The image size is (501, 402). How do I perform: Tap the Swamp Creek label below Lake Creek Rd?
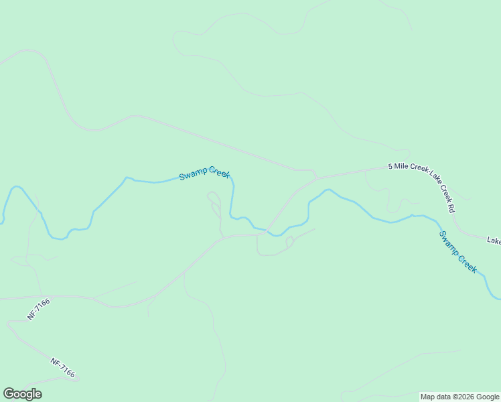point(458,252)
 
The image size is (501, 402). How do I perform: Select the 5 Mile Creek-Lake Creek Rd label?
point(422,186)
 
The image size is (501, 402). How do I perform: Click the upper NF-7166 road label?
point(39,310)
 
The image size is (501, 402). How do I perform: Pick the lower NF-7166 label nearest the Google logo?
point(62,366)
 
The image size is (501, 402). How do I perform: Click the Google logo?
point(23,394)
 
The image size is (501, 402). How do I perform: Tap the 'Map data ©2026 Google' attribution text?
point(459,397)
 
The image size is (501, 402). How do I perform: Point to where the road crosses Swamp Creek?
point(269,232)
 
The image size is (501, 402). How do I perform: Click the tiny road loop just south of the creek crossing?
point(290,241)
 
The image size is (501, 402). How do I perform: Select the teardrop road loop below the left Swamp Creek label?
point(214,198)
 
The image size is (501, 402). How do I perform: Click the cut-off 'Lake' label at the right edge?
point(494,240)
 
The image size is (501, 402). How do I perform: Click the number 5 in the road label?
point(390,166)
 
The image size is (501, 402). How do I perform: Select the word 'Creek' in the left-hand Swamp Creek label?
point(218,172)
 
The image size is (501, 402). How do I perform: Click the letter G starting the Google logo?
point(9,394)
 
